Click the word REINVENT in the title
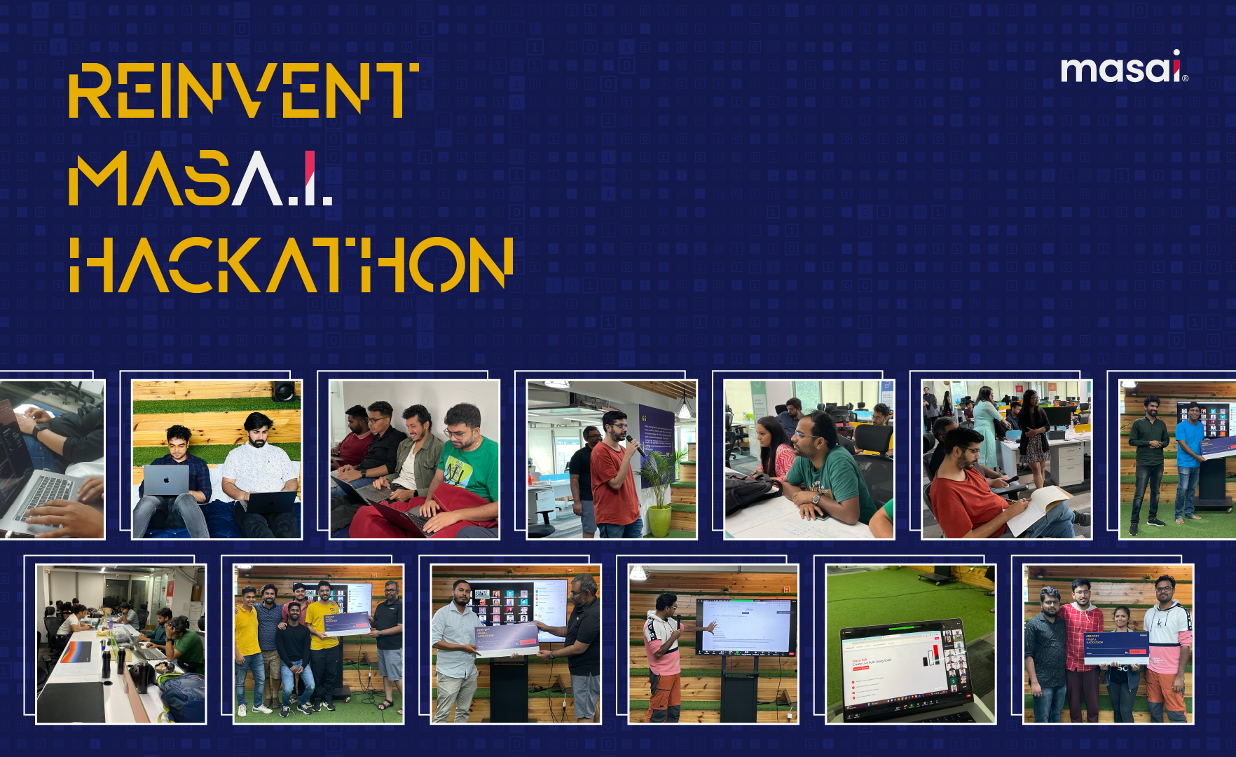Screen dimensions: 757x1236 click(x=243, y=90)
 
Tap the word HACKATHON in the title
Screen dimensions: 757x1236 click(x=291, y=264)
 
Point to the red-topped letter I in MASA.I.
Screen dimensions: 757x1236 click(x=310, y=178)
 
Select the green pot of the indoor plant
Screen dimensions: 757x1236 click(x=659, y=521)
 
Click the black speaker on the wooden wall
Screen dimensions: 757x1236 click(x=284, y=390)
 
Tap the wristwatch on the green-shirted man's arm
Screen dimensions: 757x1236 click(x=816, y=498)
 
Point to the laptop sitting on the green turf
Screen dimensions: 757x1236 click(x=904, y=669)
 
